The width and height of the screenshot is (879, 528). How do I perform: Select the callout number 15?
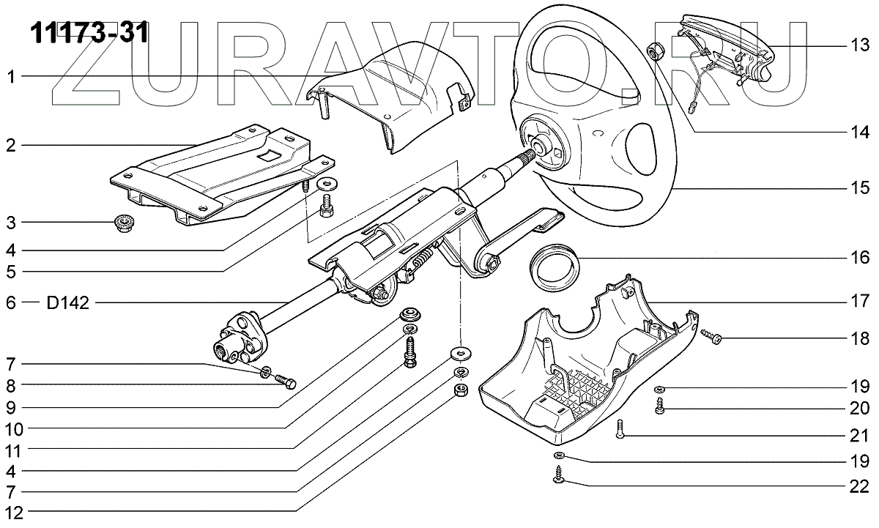click(x=858, y=188)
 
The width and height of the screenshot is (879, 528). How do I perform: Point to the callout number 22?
click(x=858, y=486)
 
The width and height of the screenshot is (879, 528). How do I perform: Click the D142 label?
click(x=69, y=302)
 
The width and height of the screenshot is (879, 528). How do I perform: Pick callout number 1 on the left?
click(x=11, y=76)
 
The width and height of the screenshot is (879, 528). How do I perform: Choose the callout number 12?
click(x=11, y=510)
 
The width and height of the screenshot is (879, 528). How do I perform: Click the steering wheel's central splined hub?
click(x=542, y=146)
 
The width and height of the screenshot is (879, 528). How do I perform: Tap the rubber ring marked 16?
click(x=555, y=268)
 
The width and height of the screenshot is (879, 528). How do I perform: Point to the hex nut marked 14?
click(x=656, y=52)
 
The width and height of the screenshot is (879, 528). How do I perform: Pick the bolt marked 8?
click(x=286, y=381)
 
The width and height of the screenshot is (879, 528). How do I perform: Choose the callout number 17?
click(x=858, y=301)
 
